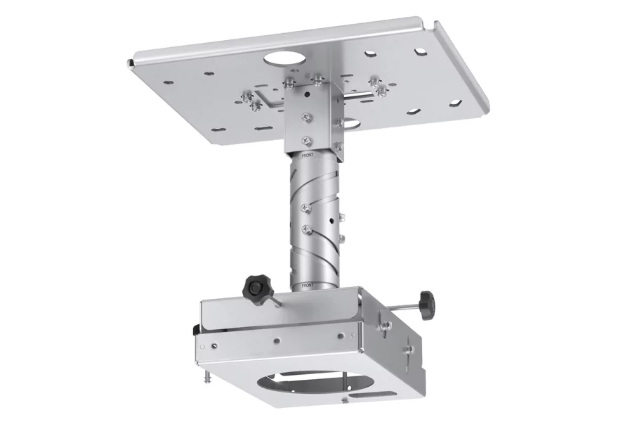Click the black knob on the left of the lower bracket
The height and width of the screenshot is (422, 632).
[256, 287]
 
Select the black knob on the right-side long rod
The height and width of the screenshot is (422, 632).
[425, 303]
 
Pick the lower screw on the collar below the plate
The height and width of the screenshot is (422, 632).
[304, 138]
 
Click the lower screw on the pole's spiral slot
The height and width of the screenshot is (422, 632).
[306, 228]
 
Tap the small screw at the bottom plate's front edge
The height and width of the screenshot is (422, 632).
[344, 402]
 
